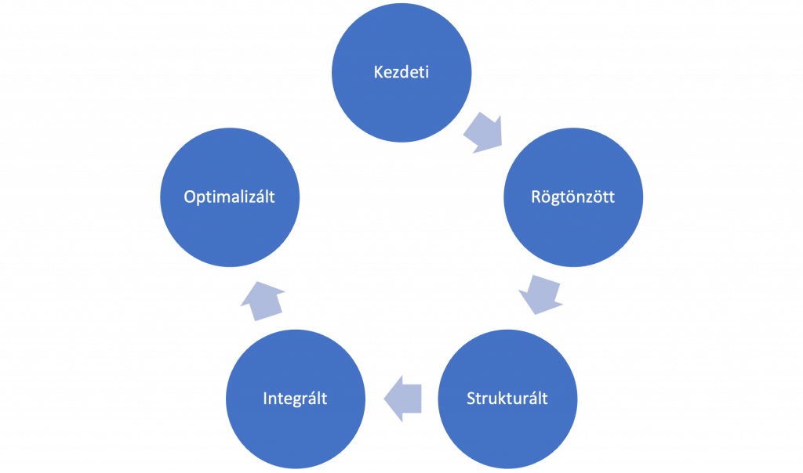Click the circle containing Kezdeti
401,72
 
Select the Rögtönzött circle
573,197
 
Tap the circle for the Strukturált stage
507,399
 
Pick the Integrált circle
296,399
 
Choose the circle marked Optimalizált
230,197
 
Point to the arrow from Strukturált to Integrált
402,399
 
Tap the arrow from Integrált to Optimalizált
263,301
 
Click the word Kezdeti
401,72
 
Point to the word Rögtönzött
573,197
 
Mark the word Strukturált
507,399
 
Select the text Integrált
296,399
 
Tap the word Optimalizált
230,197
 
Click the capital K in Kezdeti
379,72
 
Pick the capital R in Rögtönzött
536,197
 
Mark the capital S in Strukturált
471,399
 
